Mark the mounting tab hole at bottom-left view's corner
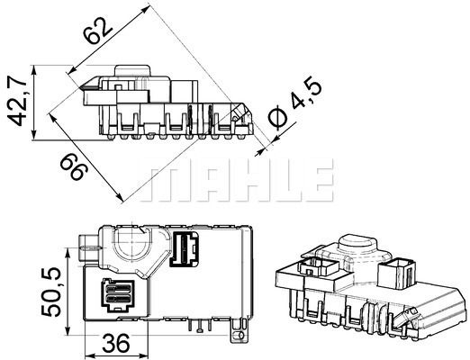[x=241, y=335]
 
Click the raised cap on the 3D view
[x=358, y=247]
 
